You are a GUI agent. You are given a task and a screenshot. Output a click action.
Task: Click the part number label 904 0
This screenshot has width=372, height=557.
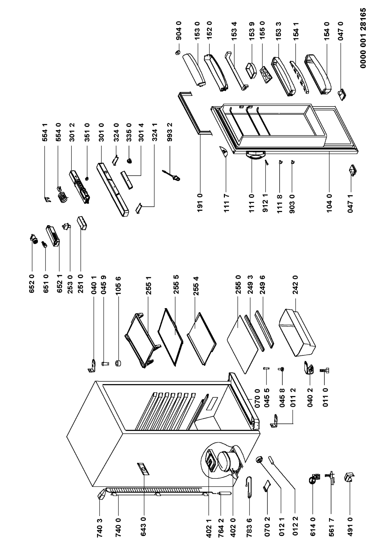pos(179,31)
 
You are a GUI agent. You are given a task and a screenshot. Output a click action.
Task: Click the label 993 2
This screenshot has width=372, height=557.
pos(170,132)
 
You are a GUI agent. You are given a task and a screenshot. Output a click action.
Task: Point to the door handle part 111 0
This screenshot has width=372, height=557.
pos(255,155)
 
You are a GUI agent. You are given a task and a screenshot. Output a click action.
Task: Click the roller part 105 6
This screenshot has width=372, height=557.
pos(118,363)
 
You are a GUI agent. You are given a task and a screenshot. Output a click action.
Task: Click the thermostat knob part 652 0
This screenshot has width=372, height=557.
pos(34,238)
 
